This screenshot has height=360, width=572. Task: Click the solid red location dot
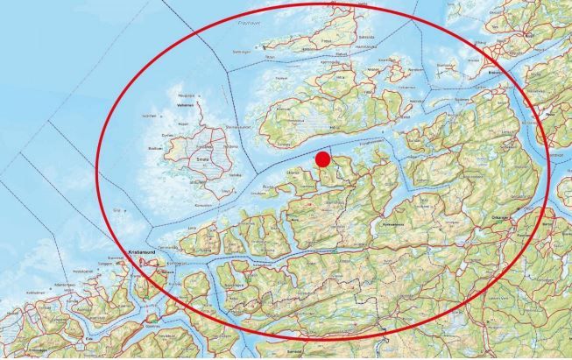pos(322,159)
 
